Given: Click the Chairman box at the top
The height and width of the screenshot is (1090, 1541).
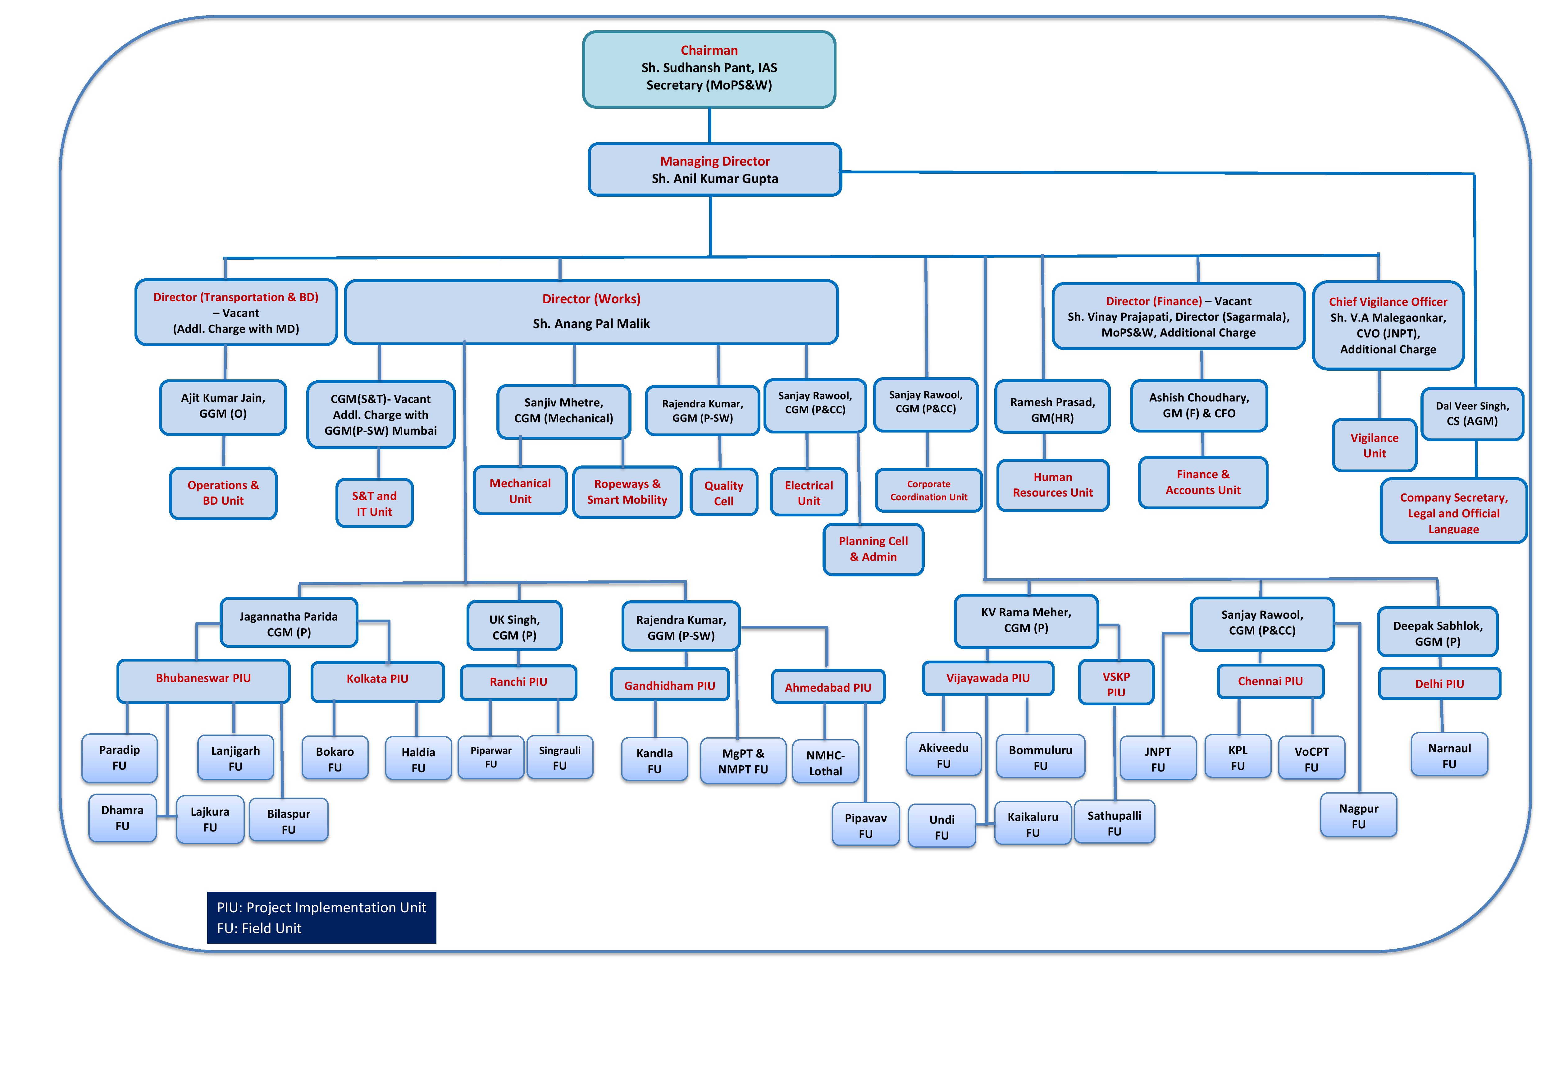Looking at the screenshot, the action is click(709, 69).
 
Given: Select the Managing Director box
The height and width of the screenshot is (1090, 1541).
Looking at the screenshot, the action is click(715, 170).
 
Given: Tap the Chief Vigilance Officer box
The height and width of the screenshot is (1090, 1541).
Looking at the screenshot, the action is click(1388, 326).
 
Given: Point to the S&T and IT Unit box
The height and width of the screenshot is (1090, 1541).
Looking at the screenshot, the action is click(375, 503).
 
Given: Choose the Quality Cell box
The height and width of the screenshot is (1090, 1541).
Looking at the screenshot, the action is click(723, 493).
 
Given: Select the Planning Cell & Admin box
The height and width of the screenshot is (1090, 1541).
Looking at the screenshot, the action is click(873, 549).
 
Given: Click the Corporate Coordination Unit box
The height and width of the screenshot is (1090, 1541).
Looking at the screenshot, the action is click(929, 491).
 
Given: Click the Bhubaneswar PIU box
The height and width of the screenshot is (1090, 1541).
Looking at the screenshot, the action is click(203, 680).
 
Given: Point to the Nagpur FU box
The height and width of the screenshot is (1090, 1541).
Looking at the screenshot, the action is click(1358, 816).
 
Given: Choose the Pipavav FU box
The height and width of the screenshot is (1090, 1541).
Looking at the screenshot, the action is click(866, 825).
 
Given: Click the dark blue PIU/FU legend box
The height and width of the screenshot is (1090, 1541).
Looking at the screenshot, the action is click(321, 918).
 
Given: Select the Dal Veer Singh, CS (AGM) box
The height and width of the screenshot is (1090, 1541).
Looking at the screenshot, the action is click(1473, 414).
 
